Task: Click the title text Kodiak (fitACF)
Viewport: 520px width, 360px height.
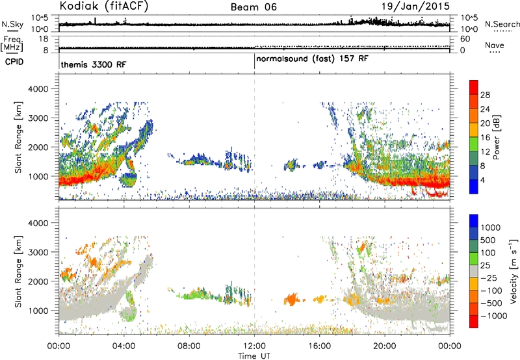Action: click(x=104, y=6)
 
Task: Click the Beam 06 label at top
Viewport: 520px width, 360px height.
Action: click(x=253, y=7)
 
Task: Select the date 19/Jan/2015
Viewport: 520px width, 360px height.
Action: click(x=415, y=6)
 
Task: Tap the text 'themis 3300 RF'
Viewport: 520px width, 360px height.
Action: click(x=94, y=64)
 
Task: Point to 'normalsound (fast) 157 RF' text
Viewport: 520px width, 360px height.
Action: click(x=312, y=59)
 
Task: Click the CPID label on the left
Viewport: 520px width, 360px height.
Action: click(x=14, y=62)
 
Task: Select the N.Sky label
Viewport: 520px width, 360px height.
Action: click(x=12, y=24)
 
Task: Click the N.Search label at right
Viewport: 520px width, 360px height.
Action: click(x=502, y=24)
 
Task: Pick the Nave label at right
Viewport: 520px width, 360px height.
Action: click(x=494, y=45)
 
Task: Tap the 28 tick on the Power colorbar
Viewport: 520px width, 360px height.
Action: click(x=485, y=95)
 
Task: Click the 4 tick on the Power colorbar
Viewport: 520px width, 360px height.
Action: click(x=482, y=180)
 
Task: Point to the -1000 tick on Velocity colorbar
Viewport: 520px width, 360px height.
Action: click(x=493, y=316)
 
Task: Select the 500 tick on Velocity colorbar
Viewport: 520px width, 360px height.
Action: click(x=488, y=240)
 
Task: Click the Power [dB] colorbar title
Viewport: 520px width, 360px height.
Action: click(x=497, y=137)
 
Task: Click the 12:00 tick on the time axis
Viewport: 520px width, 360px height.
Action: click(x=254, y=346)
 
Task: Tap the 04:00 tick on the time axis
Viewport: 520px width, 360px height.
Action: click(x=124, y=346)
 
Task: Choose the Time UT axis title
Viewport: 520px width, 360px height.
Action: click(x=254, y=356)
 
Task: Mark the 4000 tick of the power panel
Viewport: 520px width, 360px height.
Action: click(x=38, y=89)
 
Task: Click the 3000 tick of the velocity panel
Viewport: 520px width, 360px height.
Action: click(x=38, y=252)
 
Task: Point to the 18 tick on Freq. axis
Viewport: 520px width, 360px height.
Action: click(x=44, y=39)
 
